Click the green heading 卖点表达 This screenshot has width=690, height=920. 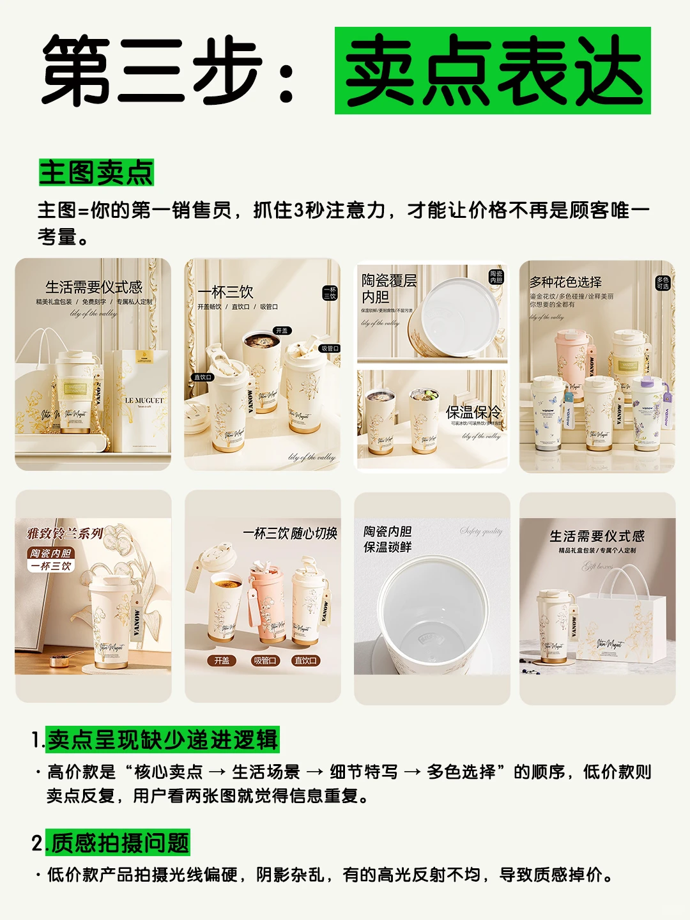493,71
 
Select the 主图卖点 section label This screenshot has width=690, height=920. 96,172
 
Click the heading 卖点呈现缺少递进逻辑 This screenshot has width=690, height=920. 163,739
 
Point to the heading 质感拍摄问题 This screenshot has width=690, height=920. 120,843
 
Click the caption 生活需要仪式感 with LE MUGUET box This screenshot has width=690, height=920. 94,287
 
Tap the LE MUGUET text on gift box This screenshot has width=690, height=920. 144,401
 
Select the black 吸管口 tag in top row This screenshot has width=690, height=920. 330,348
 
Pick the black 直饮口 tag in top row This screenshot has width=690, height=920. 203,377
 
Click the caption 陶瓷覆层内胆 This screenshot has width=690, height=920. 388,289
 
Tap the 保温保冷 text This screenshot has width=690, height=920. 473,412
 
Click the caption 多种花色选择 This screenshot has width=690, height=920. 565,282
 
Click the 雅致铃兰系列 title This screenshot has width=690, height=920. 65,533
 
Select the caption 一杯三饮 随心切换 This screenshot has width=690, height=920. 289,533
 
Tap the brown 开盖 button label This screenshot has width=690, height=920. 222,661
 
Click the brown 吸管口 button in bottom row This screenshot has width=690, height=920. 264,661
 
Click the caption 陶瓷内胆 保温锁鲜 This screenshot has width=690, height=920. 387,539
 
